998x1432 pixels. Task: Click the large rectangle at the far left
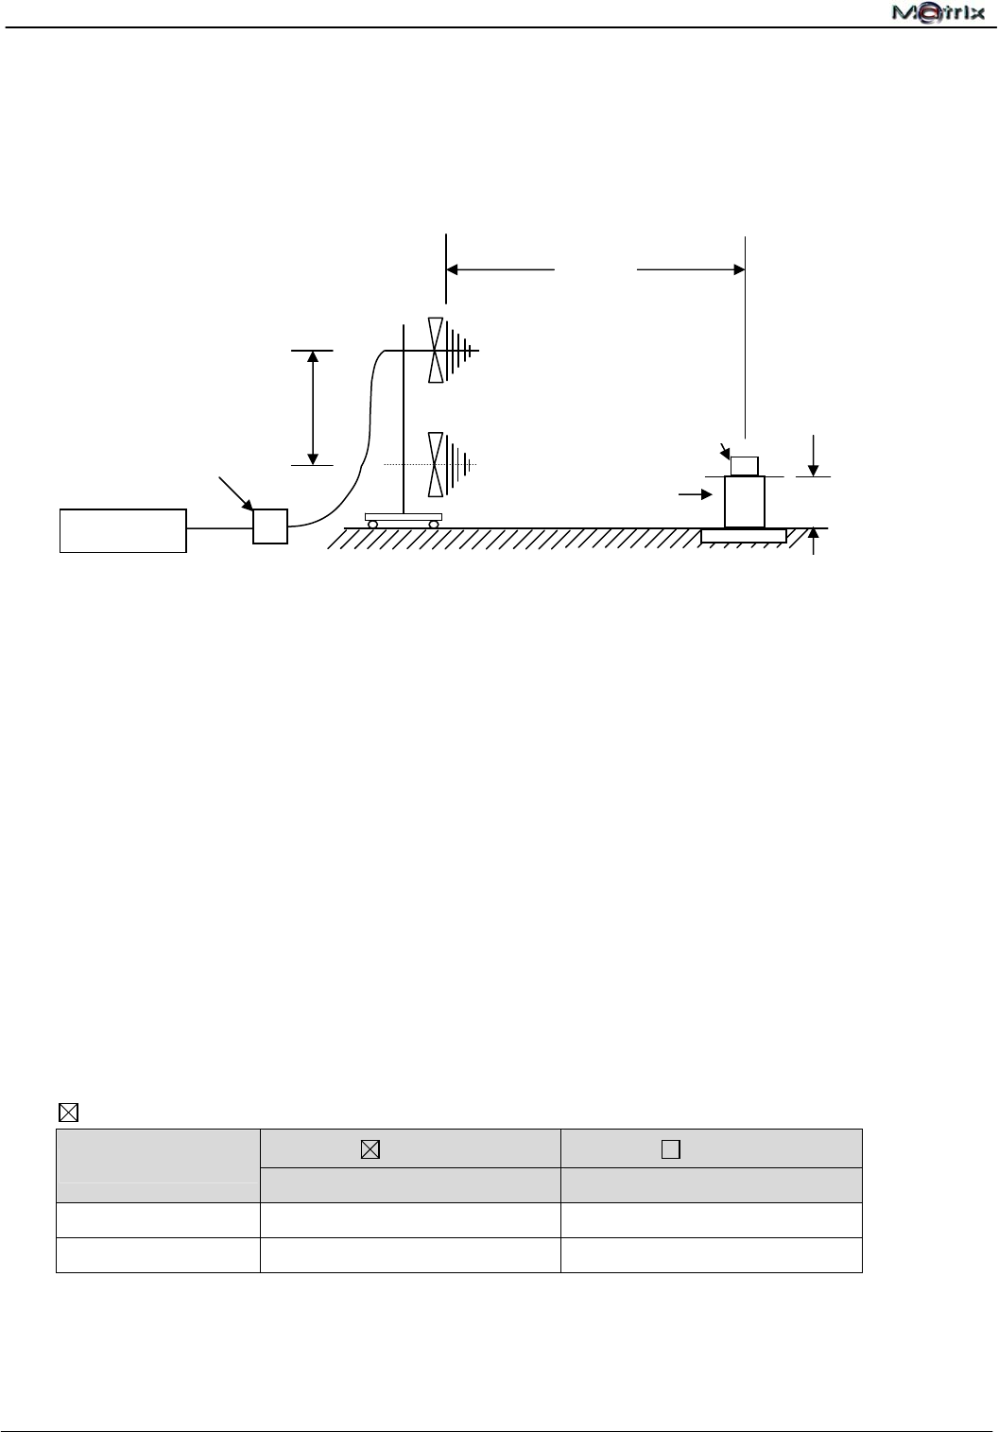click(x=123, y=529)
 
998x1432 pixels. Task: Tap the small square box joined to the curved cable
click(x=270, y=526)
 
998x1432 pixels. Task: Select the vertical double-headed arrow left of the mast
click(x=313, y=407)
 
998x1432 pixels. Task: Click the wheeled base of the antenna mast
click(x=404, y=519)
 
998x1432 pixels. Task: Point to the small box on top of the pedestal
click(x=745, y=465)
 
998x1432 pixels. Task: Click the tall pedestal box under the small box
click(x=745, y=502)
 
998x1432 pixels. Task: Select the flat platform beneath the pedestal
click(x=744, y=536)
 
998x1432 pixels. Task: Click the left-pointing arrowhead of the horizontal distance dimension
click(x=453, y=269)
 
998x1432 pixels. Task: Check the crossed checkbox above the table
click(x=68, y=1112)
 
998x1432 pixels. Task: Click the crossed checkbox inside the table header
click(x=370, y=1149)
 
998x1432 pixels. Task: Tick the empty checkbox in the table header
click(x=671, y=1149)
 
